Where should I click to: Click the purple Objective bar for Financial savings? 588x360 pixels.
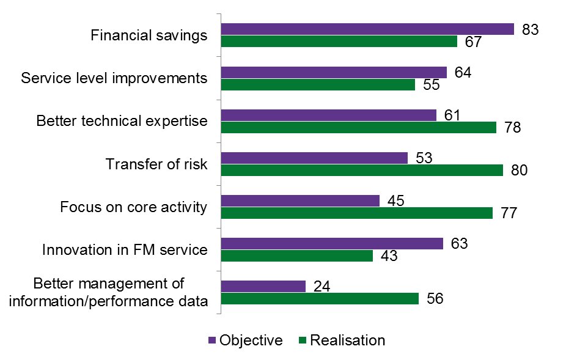pos(367,29)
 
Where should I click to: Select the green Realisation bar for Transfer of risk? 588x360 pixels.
pos(361,170)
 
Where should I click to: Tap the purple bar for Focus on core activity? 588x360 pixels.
pos(300,200)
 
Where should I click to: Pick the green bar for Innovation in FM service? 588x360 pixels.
pos(296,255)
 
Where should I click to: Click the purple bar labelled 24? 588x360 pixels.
pos(263,286)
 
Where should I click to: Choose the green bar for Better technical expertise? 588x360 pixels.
pos(358,127)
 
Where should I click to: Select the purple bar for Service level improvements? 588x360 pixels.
pos(334,72)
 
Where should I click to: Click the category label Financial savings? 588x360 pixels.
pos(149,35)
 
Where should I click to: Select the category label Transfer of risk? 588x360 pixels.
pos(156,164)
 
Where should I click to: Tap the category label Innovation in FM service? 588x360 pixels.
pos(125,249)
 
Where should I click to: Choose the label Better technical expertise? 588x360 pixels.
pos(122,121)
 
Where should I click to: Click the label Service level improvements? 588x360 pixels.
pos(114,78)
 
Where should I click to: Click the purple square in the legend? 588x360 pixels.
pos(212,340)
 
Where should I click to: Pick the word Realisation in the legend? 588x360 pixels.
pos(348,340)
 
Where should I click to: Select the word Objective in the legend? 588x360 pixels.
pos(251,340)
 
